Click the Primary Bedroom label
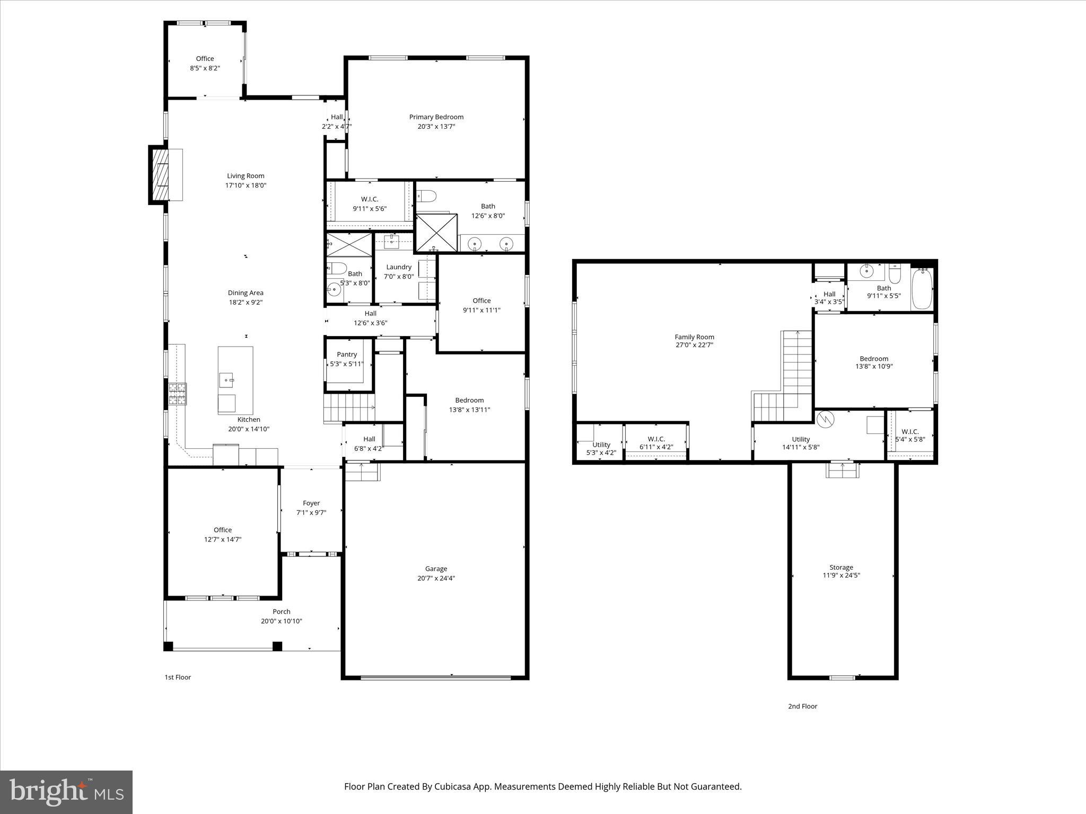[436, 117]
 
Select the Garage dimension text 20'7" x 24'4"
[436, 578]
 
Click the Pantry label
[347, 355]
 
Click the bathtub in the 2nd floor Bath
[922, 289]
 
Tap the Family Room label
[694, 337]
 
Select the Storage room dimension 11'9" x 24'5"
[841, 575]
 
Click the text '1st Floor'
[178, 677]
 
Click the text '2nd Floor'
[802, 706]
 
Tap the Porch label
[282, 612]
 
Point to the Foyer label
[311, 503]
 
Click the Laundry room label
[399, 267]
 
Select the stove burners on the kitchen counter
[178, 394]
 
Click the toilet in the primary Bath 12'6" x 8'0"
[426, 197]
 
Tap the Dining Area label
[246, 293]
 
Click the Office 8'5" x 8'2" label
[205, 59]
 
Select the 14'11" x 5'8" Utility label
[801, 439]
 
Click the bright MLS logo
[66, 792]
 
